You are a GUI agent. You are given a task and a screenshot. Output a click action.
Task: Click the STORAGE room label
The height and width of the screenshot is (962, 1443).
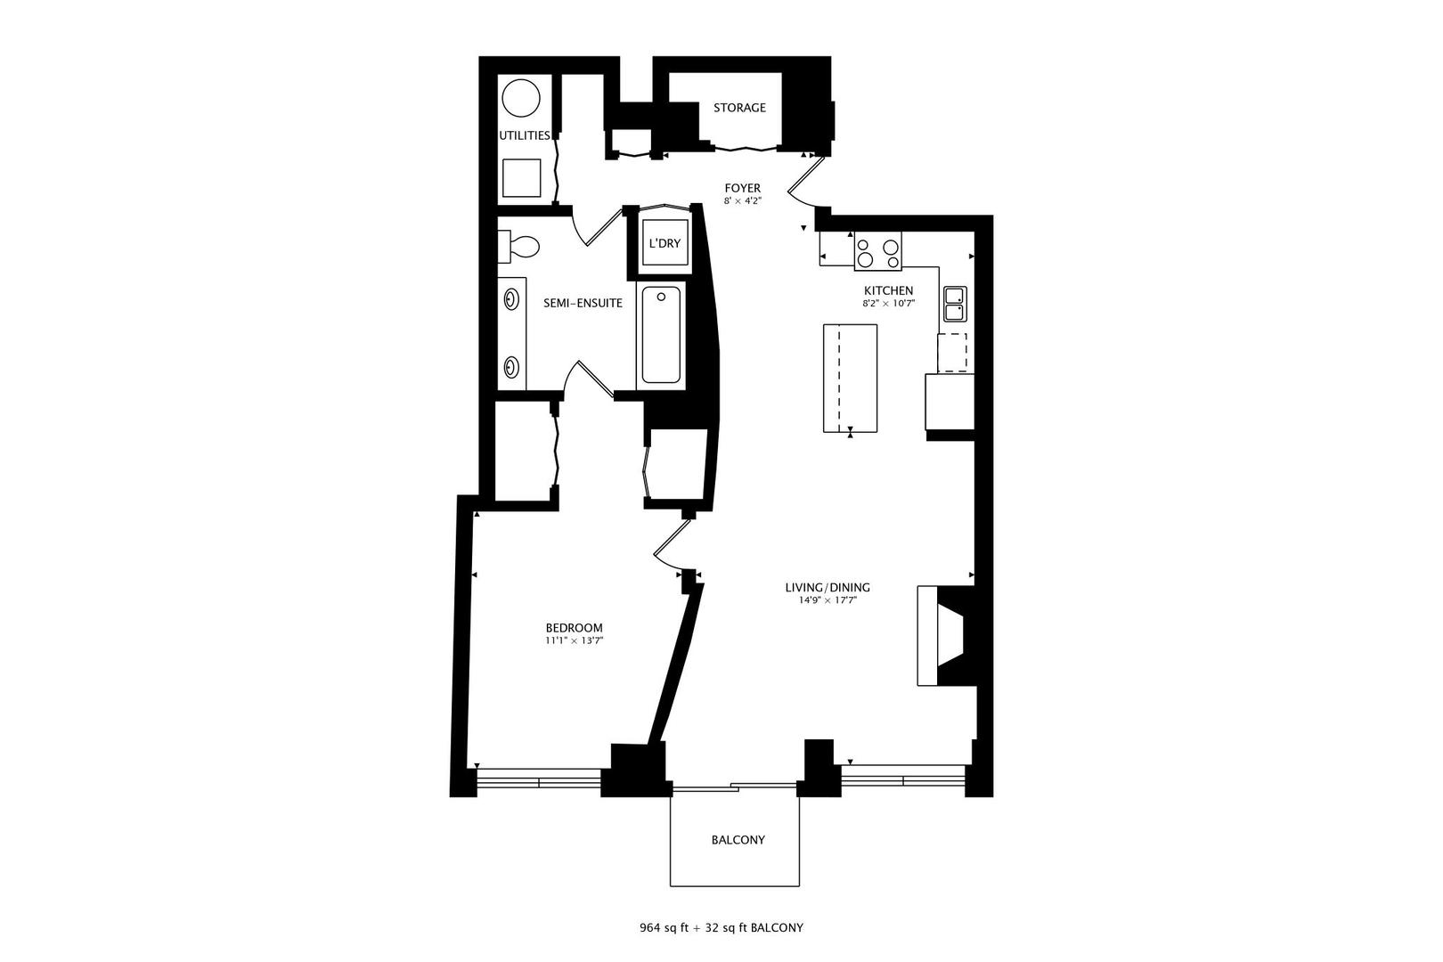click(x=739, y=108)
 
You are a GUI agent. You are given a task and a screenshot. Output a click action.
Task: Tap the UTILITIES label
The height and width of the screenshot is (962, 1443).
click(x=524, y=135)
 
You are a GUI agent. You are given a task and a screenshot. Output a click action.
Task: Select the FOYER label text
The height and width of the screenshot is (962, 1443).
click(x=742, y=188)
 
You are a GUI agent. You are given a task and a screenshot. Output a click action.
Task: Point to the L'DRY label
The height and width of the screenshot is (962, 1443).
click(x=664, y=242)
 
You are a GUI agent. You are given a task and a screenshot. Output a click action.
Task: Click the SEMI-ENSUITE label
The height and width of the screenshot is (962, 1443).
click(x=583, y=303)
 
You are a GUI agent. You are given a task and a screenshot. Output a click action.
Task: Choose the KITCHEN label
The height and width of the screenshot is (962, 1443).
click(x=888, y=290)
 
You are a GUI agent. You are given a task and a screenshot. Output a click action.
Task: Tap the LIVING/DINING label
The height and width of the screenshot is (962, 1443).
click(x=827, y=587)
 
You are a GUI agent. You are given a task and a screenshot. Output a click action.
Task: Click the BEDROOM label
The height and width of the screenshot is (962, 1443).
click(x=574, y=628)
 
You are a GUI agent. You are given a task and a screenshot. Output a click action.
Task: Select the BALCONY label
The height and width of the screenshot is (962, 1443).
click(x=738, y=840)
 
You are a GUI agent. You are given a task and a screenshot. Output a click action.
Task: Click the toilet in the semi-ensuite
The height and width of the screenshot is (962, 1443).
click(x=520, y=246)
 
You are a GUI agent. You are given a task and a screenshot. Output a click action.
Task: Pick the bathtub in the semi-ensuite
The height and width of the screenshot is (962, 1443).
click(x=661, y=334)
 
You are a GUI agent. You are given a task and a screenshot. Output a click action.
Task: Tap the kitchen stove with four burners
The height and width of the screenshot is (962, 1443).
click(x=877, y=251)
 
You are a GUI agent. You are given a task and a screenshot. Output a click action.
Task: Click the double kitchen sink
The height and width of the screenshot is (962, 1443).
click(x=955, y=304)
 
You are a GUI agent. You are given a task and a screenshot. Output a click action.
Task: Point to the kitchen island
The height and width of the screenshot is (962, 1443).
click(x=850, y=378)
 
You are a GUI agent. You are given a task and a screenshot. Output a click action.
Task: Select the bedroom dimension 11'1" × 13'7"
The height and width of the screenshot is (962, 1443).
click(x=575, y=640)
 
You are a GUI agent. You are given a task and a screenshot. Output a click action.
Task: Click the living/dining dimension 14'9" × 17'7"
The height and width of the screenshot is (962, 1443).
click(x=827, y=600)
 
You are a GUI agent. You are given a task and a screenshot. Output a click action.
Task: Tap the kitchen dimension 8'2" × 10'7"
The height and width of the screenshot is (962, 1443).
click(x=888, y=304)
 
